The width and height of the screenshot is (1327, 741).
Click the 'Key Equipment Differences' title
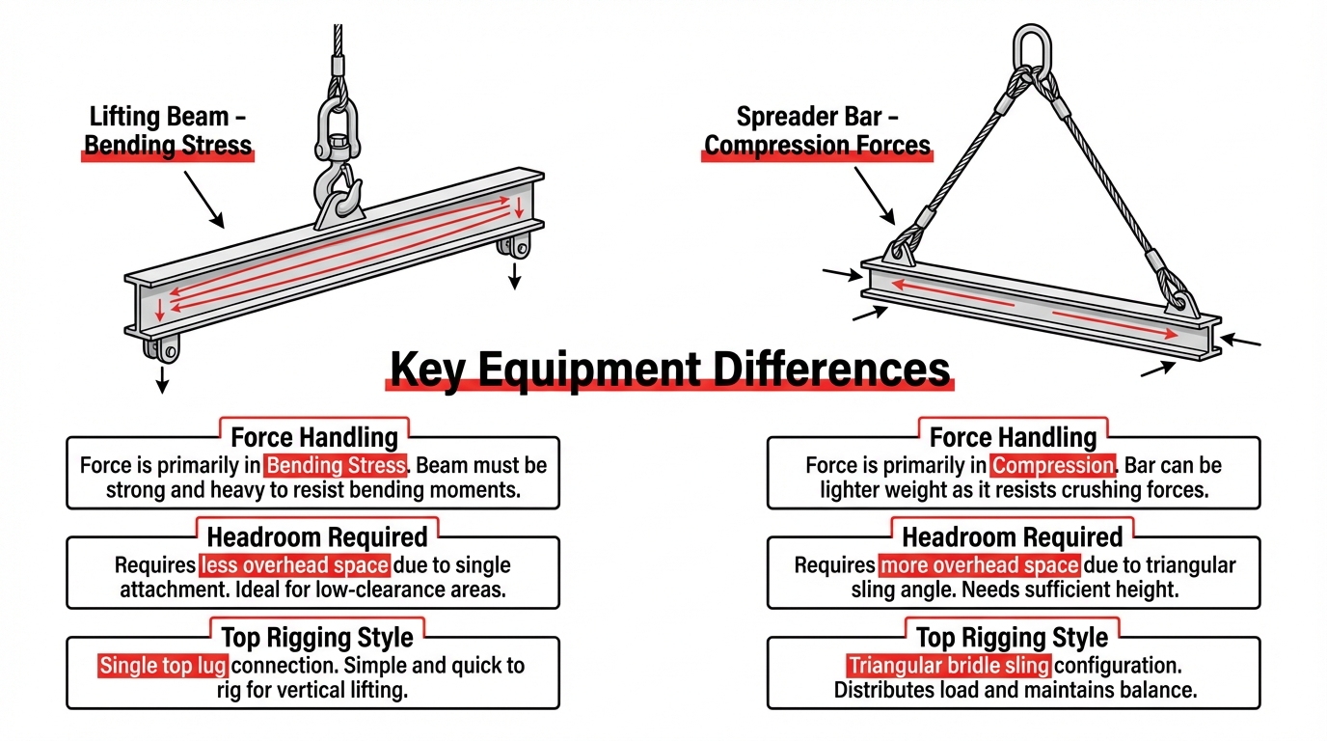[x=669, y=370]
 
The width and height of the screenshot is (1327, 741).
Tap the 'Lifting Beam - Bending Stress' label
[x=170, y=132]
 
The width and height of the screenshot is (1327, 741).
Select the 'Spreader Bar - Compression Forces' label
[x=818, y=132]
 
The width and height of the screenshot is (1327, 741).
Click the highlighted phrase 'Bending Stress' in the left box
[x=336, y=465]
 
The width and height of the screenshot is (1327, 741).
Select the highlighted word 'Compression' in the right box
[x=1053, y=465]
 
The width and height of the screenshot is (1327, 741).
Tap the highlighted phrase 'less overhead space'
[x=294, y=565]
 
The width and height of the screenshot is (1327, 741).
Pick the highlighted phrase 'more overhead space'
[x=978, y=565]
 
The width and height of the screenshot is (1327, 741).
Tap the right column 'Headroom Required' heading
[x=1012, y=537]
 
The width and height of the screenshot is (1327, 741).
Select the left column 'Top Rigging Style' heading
[x=317, y=638]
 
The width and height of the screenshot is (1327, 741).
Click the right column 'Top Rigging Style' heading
[x=1012, y=638]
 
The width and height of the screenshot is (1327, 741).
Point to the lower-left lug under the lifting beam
[x=161, y=348]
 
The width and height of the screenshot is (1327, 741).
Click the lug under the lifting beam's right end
[x=514, y=245]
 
